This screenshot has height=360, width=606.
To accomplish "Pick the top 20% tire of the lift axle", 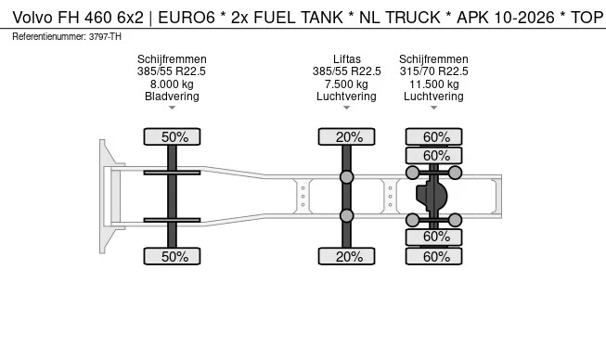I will coord(347,136).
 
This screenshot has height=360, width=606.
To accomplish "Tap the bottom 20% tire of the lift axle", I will coord(347,256).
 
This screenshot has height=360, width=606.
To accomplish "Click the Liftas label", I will coord(346,58).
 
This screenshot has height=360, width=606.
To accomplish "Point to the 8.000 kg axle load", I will coord(172,84).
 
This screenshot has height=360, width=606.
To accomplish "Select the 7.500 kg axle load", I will coord(346,84).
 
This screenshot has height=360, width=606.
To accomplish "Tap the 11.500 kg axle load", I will coord(433,84).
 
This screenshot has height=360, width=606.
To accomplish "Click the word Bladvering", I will coord(172,96).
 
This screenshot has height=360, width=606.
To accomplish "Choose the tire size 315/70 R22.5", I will coord(433,71).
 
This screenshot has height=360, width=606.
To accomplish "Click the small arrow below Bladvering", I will coord(172,109).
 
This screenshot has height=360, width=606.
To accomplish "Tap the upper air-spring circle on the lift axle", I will coord(346,176).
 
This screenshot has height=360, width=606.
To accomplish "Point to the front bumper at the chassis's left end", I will coord(106,196).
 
